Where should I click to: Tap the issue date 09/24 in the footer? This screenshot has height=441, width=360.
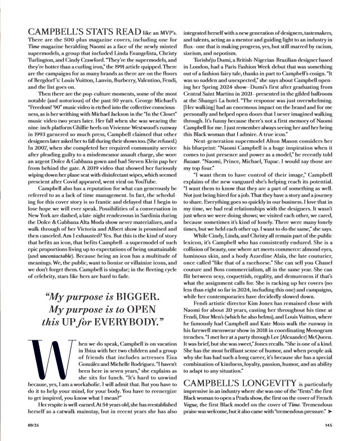25,426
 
